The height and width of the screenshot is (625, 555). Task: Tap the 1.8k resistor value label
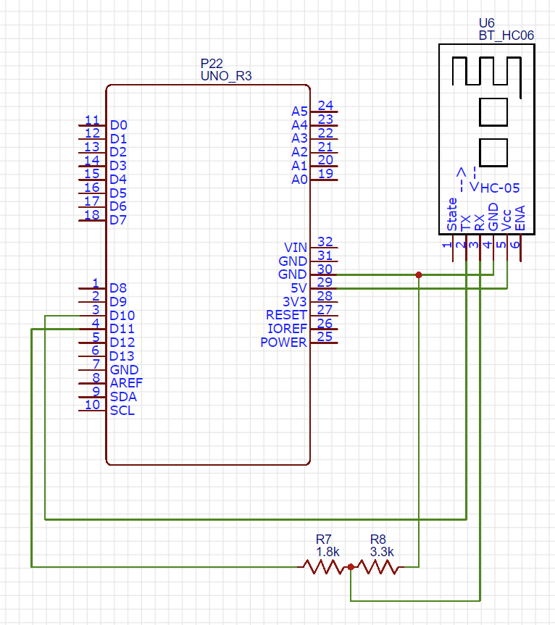point(327,552)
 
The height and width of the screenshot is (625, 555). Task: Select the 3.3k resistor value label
point(382,552)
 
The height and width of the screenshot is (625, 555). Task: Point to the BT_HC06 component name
point(506,35)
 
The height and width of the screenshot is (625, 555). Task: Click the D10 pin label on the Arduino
point(122,316)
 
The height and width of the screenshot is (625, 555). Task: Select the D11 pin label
point(122,329)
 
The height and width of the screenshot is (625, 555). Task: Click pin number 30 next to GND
point(325,269)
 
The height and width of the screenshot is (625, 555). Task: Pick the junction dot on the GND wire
point(419,274)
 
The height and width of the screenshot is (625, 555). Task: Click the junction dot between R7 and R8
point(351,568)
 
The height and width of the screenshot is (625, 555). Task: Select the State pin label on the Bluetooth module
point(453,214)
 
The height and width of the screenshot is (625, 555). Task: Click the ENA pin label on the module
point(519,218)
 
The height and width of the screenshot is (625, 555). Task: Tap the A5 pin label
point(299,112)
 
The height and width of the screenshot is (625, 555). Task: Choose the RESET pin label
point(286,315)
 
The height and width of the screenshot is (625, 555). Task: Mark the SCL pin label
point(122,411)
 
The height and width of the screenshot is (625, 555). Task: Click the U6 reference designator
point(488,23)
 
